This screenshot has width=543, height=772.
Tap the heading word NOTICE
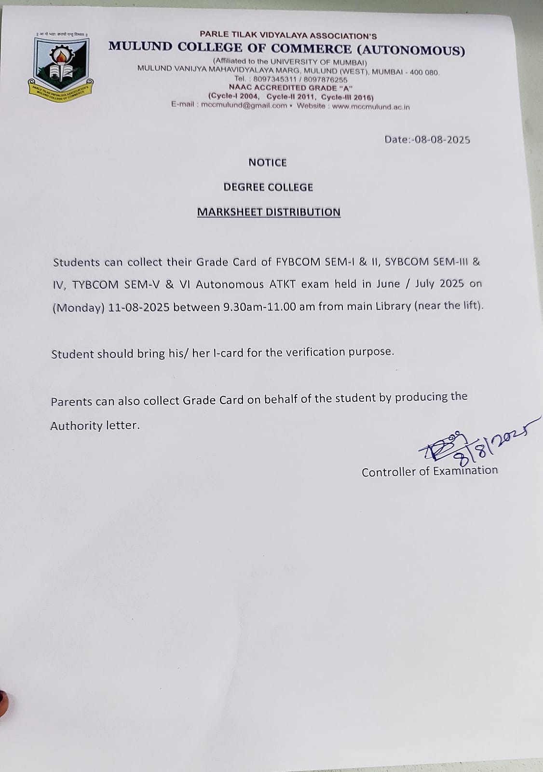coord(268,163)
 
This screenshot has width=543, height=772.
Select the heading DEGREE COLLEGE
coord(268,187)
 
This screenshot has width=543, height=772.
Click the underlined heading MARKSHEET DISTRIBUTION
coord(269,212)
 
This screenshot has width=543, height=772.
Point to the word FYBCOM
coord(298,262)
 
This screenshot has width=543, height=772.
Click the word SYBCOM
coord(407,262)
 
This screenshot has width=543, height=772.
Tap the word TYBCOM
coord(95,285)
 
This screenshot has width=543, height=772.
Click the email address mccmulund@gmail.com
coord(244,106)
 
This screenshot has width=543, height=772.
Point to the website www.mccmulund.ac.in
coord(371,107)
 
